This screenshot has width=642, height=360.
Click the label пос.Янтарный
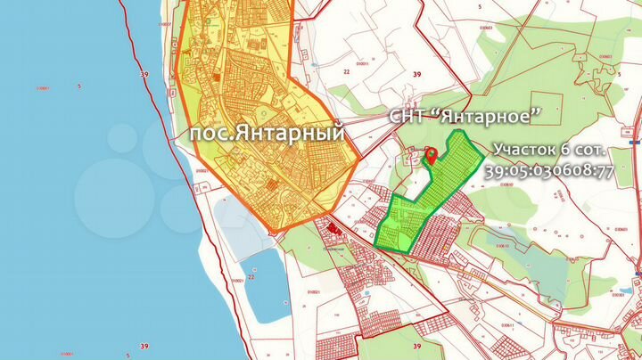click(267, 133)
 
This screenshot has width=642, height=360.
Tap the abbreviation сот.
click(592, 148)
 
